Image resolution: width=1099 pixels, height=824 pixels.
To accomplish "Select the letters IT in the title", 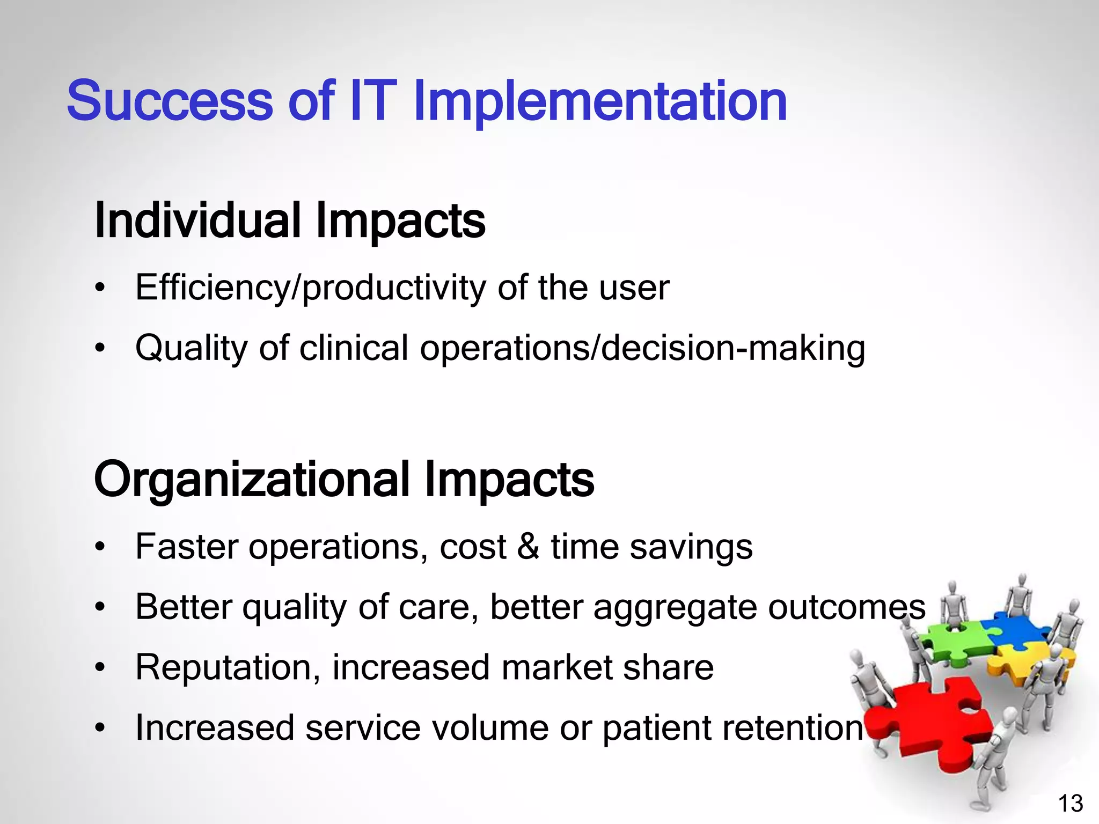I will (x=372, y=101).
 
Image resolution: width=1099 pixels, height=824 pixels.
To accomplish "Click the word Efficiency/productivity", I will (x=311, y=288).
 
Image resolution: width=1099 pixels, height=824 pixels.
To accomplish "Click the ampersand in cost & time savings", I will (x=528, y=547).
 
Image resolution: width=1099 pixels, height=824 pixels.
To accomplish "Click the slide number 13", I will (x=1070, y=804).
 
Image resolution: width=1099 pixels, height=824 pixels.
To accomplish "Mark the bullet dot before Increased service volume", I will (x=100, y=729).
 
